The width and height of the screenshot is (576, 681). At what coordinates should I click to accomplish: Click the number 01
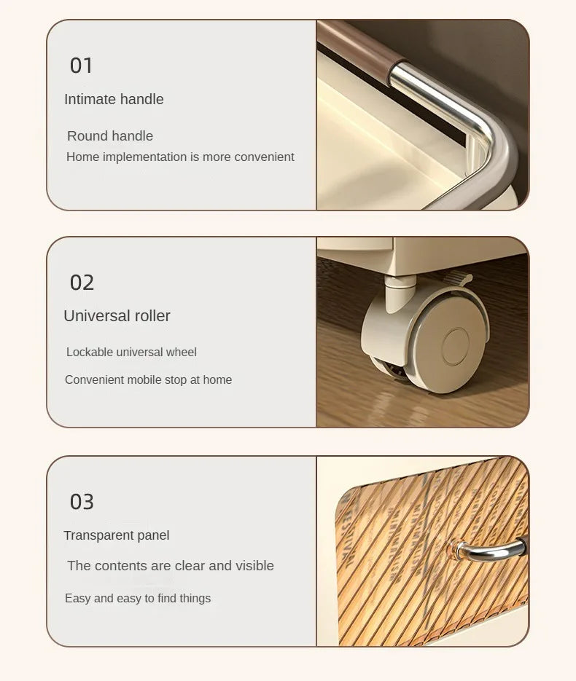pos(81,66)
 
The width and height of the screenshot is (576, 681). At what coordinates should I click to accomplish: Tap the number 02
pos(82,283)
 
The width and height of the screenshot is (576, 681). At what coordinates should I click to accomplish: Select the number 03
pos(82,502)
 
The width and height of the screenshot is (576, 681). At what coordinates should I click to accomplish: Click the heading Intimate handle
pos(114,100)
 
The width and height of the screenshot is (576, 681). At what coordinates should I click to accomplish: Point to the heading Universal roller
pos(117,316)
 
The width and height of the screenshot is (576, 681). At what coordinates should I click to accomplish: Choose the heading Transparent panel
pos(117,535)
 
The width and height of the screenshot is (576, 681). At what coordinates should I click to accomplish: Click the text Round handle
pos(110,136)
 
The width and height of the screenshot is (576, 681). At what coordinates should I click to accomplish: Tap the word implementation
pos(145,157)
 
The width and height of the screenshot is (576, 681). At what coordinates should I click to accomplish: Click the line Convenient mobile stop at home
pos(148,379)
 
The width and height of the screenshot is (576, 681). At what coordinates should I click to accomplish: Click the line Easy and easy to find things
pos(138,598)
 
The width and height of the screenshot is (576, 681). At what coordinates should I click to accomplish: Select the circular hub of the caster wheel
pos(456,346)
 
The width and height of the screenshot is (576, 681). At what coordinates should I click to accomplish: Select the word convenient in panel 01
pos(266,157)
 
